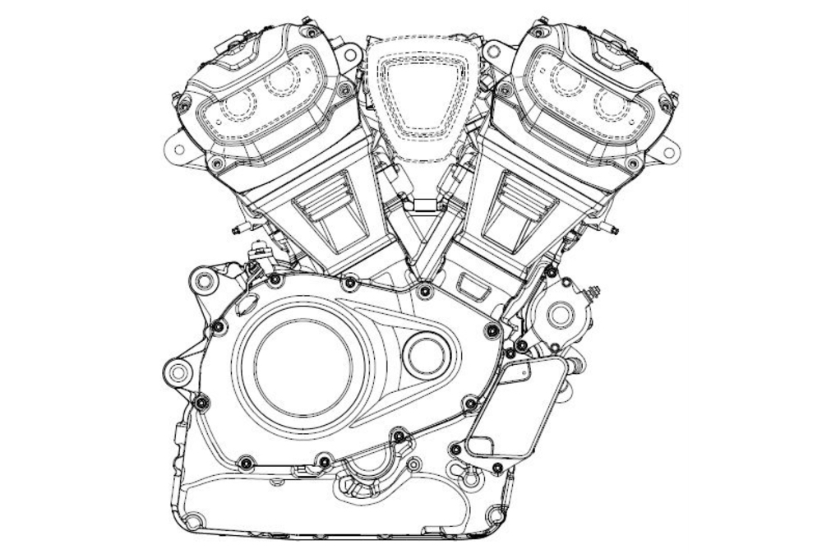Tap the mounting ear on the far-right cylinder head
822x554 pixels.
[667, 150]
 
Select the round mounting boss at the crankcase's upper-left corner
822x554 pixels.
[203, 283]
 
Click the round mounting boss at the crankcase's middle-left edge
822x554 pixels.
[178, 374]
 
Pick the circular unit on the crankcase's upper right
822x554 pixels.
[560, 314]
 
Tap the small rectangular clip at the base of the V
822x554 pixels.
[423, 205]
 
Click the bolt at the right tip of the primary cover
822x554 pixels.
[493, 330]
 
